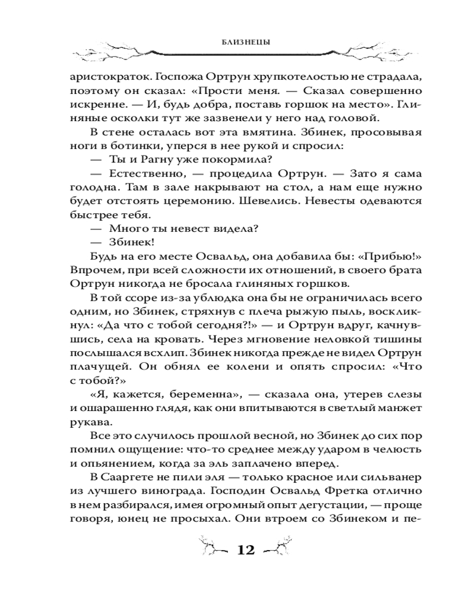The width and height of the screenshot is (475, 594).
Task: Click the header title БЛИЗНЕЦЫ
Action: [x=237, y=43]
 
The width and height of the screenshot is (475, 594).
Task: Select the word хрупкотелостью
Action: [x=293, y=77]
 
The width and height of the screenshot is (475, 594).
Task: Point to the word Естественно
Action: [x=144, y=174]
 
